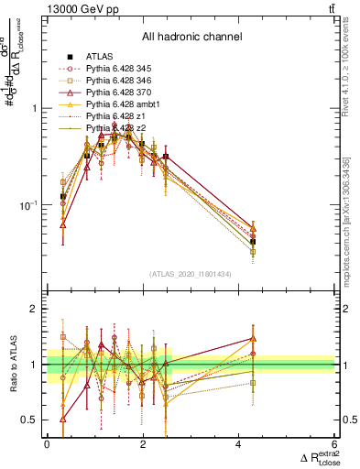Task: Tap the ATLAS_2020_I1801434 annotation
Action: pos(191,274)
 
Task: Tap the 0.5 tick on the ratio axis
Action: pos(34,420)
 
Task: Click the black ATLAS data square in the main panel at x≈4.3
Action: pos(253,242)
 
